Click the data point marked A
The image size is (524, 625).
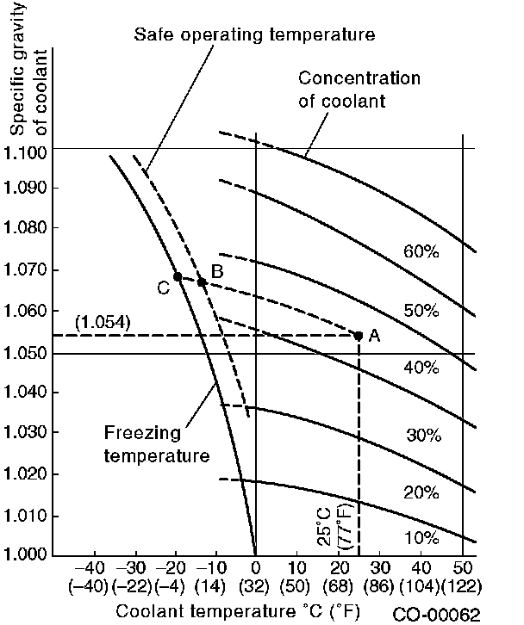(359, 335)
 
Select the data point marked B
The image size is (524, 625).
(202, 282)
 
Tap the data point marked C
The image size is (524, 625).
(178, 276)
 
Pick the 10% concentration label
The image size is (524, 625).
(422, 538)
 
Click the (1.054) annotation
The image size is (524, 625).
(102, 323)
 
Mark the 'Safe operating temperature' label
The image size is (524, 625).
(255, 35)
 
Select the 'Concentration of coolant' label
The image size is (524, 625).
(359, 89)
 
